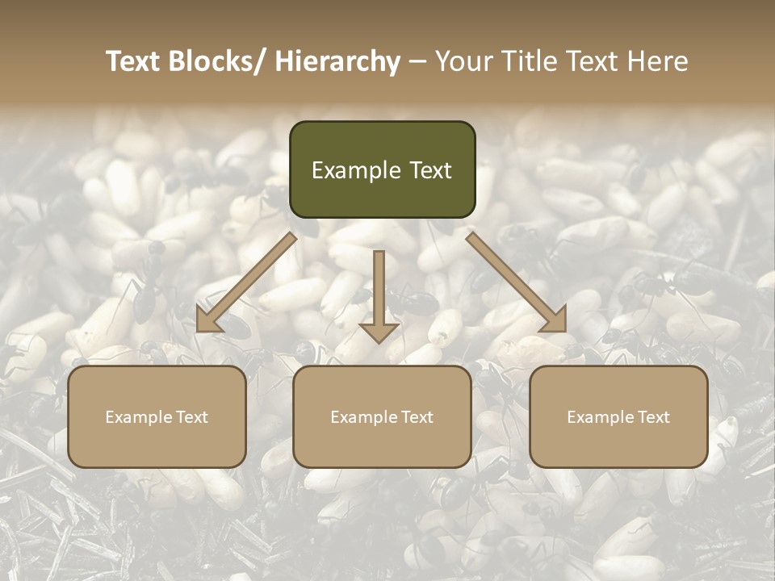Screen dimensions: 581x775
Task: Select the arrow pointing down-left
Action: pos(246,282)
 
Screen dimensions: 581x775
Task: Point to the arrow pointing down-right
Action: pos(517,282)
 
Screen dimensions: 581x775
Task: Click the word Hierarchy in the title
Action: pos(337,61)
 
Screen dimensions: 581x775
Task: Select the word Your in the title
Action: pos(462,61)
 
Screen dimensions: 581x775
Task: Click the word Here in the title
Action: pos(658,61)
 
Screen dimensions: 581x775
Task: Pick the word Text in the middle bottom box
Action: pos(416,417)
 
